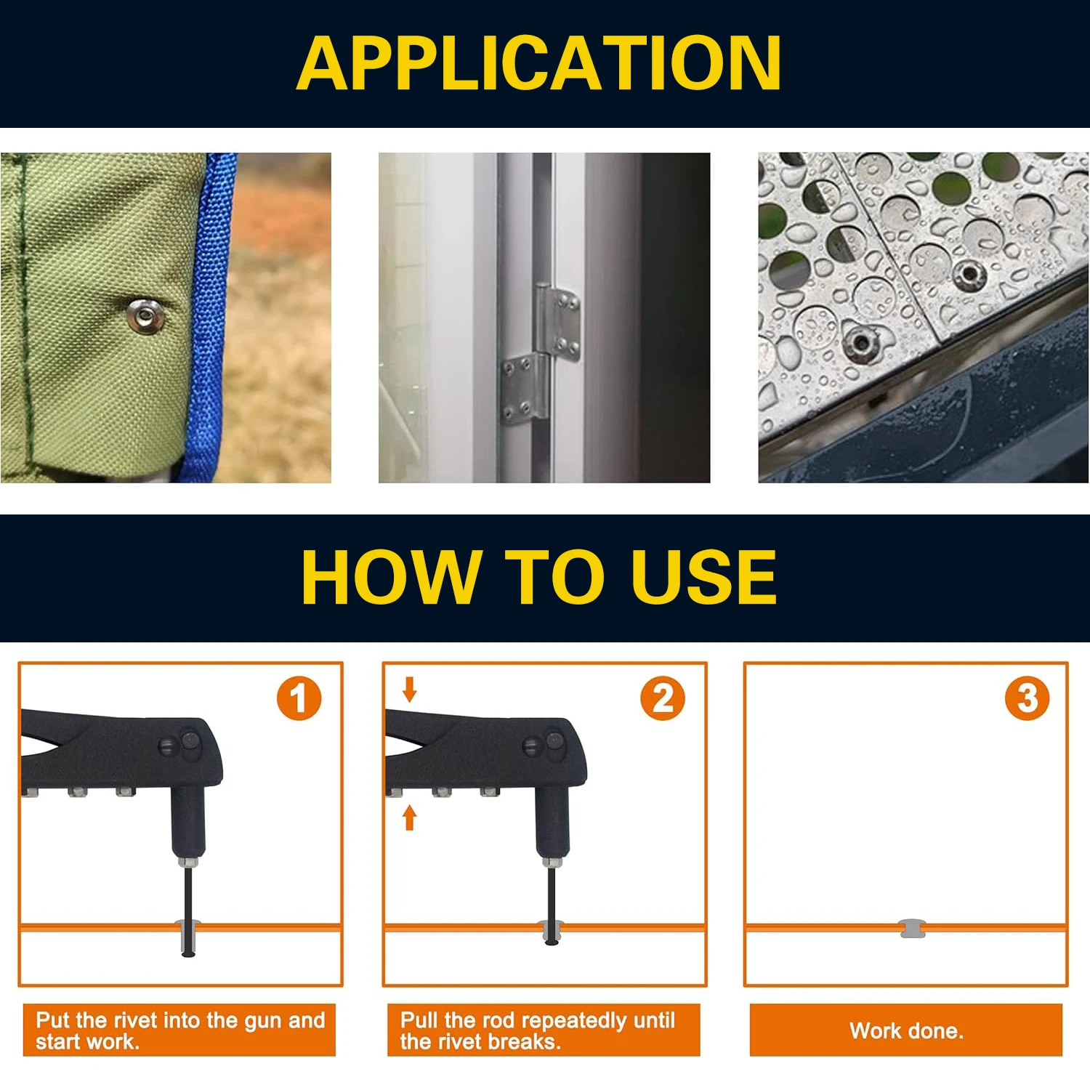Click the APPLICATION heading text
(x=538, y=64)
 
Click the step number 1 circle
(x=299, y=698)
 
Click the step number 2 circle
(x=662, y=698)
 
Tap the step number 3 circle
(x=1027, y=698)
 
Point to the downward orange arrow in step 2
(x=410, y=690)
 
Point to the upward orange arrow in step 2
(x=410, y=817)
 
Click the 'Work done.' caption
(x=906, y=1030)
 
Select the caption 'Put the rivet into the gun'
(x=179, y=1030)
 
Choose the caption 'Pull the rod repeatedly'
(x=543, y=1030)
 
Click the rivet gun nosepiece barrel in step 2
(x=552, y=821)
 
